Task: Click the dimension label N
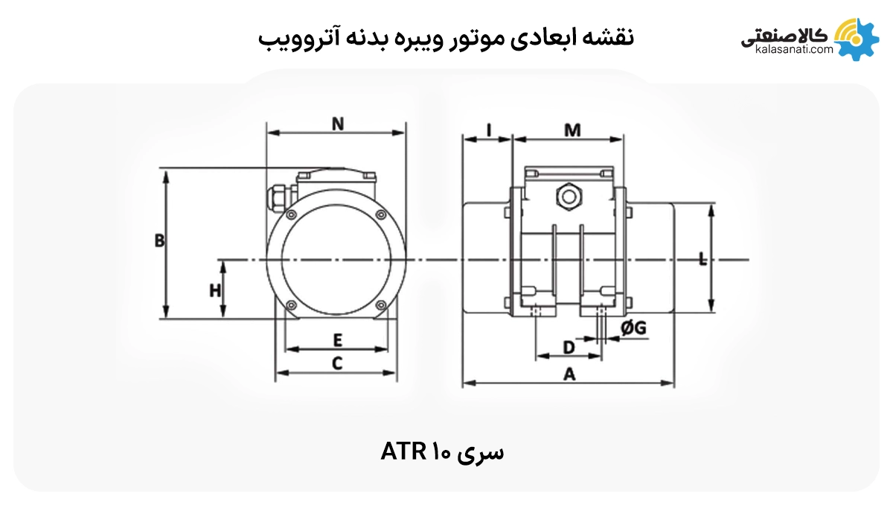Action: (x=338, y=124)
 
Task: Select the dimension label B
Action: (x=159, y=241)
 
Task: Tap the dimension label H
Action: (x=215, y=290)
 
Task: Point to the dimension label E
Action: (x=337, y=340)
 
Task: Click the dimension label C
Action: (x=337, y=364)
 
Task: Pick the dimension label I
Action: (x=488, y=130)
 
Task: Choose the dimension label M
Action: (x=572, y=130)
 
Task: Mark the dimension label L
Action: (x=703, y=259)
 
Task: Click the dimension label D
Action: (x=569, y=347)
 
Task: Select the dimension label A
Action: (x=569, y=375)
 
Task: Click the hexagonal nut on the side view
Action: (x=569, y=197)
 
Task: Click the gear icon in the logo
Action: (x=860, y=39)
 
